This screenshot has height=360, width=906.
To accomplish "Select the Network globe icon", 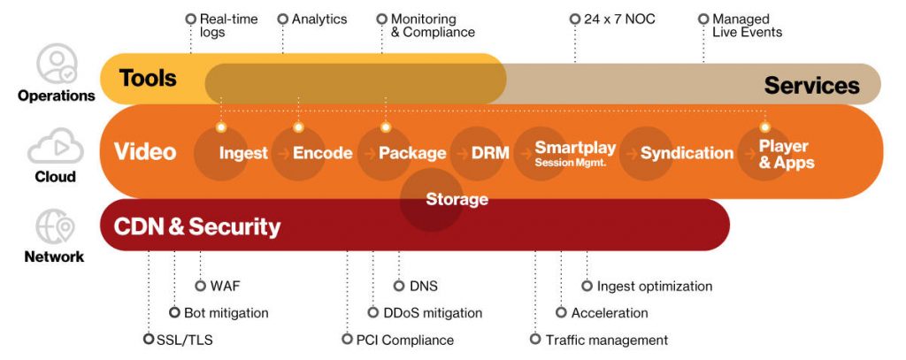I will pos(56,227).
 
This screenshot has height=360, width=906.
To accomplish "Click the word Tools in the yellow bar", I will pos(148,79).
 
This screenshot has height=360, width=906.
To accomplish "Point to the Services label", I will pos(811,85).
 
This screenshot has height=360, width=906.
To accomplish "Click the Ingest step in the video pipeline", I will pos(243,153).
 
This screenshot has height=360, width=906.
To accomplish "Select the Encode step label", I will pos(322,153).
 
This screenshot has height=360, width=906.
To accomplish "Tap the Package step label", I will pos(412,153).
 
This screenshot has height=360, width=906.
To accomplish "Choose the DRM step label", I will pos(490,153).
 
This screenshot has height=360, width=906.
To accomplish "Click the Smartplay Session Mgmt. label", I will pos(574,153).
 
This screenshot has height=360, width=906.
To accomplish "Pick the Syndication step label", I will pos(687,153).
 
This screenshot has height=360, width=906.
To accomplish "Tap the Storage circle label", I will pos(457,199).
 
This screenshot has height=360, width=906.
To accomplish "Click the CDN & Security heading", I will pos(197,226).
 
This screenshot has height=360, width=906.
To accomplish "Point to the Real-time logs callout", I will pos(221,26).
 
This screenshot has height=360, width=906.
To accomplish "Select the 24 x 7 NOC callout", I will pos(618,19).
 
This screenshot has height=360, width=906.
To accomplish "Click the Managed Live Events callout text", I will pos(746,26).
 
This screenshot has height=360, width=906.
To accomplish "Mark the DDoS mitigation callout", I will pos(432,313).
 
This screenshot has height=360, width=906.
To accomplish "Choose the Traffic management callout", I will pos(606,340).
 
